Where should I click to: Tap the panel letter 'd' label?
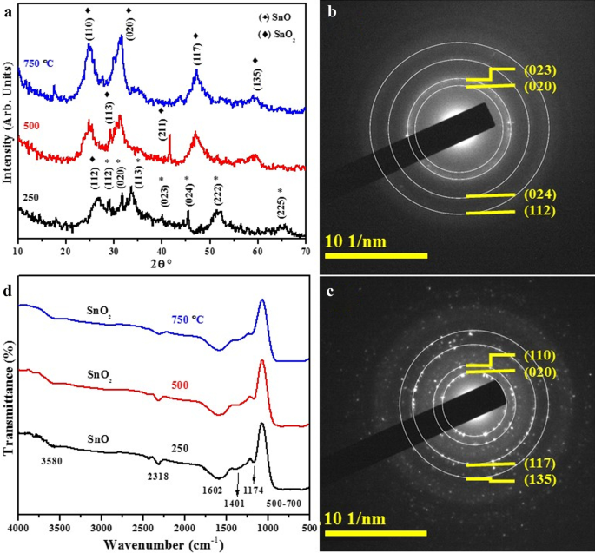point(9,290)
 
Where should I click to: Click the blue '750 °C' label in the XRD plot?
point(40,63)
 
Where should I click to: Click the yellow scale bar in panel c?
point(374,532)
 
